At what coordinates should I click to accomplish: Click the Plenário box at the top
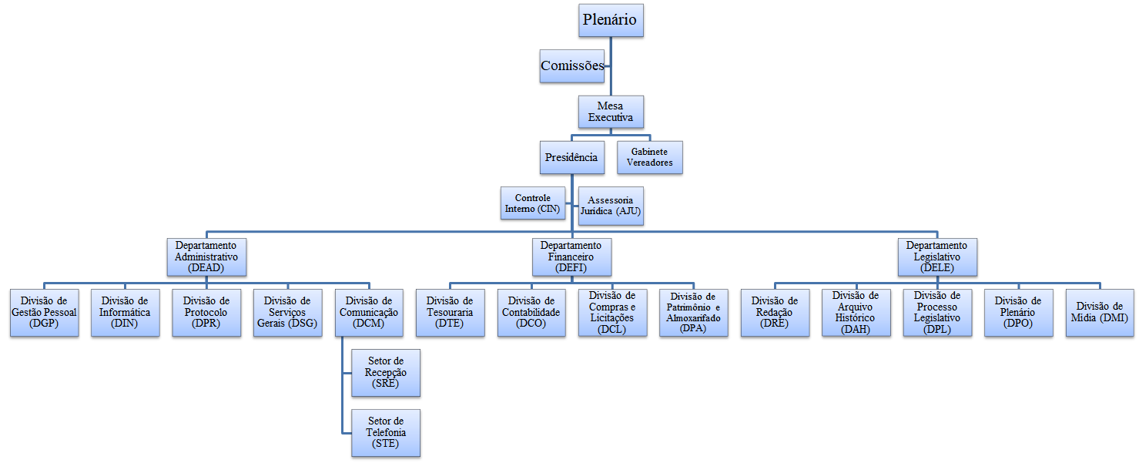tap(611, 20)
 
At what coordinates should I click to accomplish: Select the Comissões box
tap(571, 66)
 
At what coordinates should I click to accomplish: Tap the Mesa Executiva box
tap(611, 112)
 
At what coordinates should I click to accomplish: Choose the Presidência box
tap(571, 157)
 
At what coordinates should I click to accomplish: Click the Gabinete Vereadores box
tap(650, 157)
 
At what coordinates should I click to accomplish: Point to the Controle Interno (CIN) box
tap(532, 203)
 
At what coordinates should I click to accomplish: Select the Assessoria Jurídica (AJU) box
tap(610, 205)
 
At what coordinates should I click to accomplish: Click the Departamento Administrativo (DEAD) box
tap(206, 257)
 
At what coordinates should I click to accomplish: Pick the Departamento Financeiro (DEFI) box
tap(571, 257)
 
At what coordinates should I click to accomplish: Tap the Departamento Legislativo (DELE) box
tap(937, 257)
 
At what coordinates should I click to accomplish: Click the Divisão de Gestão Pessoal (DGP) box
tap(44, 313)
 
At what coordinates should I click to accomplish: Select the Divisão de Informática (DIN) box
tap(125, 313)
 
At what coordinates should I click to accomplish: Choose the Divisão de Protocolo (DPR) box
tap(206, 313)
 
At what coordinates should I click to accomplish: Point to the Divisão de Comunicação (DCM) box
tap(369, 313)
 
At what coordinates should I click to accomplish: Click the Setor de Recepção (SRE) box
tap(386, 373)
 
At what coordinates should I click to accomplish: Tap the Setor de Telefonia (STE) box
tap(386, 433)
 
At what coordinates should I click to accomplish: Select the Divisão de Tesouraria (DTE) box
tap(451, 313)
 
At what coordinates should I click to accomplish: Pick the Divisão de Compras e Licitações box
tap(612, 313)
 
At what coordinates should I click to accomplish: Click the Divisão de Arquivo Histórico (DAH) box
tap(856, 313)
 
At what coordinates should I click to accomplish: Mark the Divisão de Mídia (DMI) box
tap(1100, 313)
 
